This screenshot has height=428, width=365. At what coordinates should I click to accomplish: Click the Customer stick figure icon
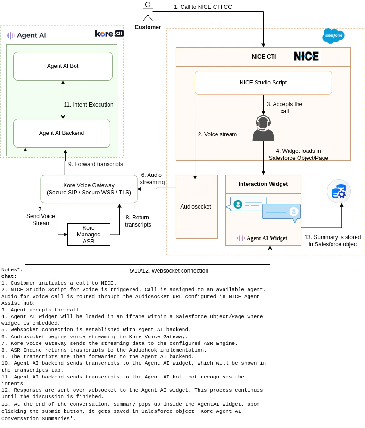pyautogui.click(x=148, y=12)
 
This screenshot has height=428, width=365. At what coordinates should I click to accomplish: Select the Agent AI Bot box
pyautogui.click(x=63, y=66)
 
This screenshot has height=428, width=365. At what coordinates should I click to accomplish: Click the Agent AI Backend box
pyautogui.click(x=61, y=133)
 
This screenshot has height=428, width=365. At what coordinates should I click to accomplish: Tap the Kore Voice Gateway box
pyautogui.click(x=89, y=189)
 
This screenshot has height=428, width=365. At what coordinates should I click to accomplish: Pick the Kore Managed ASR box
pyautogui.click(x=89, y=235)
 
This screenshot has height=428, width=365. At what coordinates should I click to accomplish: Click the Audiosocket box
pyautogui.click(x=196, y=207)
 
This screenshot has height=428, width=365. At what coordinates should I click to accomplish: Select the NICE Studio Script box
pyautogui.click(x=263, y=83)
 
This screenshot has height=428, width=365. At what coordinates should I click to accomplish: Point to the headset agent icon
pyautogui.click(x=263, y=128)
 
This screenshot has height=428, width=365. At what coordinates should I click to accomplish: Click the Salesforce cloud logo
pyautogui.click(x=333, y=36)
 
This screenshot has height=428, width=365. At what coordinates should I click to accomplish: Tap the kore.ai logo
pyautogui.click(x=109, y=34)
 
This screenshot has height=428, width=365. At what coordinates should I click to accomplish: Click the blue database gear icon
pyautogui.click(x=339, y=191)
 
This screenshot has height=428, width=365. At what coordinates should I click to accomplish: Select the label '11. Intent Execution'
pyautogui.click(x=89, y=105)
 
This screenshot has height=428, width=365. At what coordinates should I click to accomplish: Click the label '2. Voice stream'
pyautogui.click(x=217, y=134)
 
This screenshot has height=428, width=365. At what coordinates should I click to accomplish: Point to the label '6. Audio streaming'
pyautogui.click(x=152, y=178)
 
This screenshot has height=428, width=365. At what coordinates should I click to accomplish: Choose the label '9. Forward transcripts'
pyautogui.click(x=95, y=164)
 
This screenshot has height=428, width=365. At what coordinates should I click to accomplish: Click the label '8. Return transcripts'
pyautogui.click(x=138, y=221)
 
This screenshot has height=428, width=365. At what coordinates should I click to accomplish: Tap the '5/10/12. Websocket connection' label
pyautogui.click(x=169, y=271)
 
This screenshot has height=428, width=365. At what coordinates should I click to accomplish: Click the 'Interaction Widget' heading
pyautogui.click(x=263, y=184)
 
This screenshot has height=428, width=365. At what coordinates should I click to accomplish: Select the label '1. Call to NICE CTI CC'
pyautogui.click(x=203, y=7)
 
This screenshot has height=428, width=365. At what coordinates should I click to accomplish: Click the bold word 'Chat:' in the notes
pyautogui.click(x=9, y=277)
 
